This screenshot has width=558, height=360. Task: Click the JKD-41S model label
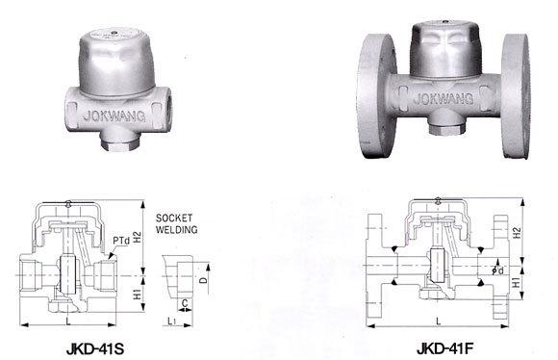point(95,349)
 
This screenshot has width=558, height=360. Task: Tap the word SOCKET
point(174,218)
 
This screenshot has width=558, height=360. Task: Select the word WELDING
point(176,230)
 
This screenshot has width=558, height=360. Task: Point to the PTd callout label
point(121,241)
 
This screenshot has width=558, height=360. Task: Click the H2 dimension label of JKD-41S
point(138,238)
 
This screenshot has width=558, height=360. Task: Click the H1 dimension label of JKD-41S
point(138,294)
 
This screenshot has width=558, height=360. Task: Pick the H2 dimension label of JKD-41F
point(517,233)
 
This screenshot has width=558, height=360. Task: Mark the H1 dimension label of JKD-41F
point(517,283)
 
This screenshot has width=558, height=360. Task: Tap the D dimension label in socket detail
point(203,280)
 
